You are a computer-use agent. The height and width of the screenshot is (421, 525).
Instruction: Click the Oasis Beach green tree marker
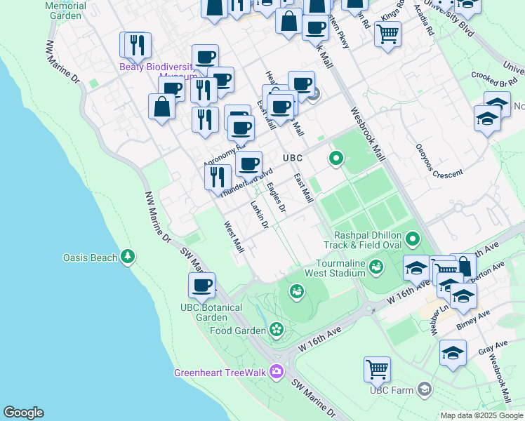[128, 258]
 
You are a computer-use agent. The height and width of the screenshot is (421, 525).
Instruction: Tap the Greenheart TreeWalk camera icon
[277, 371]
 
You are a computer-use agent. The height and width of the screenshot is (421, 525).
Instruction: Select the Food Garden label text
[237, 330]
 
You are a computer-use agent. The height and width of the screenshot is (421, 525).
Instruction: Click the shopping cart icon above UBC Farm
[377, 368]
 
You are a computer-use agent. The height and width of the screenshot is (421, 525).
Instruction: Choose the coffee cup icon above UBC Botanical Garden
[202, 285]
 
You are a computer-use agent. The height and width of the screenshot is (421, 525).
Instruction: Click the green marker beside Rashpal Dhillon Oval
[413, 240]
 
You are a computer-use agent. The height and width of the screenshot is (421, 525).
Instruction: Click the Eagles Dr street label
[277, 198]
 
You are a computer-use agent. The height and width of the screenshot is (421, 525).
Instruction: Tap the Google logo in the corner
[23, 413]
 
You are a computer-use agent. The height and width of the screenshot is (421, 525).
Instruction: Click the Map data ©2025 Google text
[481, 415]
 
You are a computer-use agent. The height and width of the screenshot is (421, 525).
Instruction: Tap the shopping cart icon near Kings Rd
[387, 32]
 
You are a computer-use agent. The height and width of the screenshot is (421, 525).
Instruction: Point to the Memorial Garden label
[66, 10]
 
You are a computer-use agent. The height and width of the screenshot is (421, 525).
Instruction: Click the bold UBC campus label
[292, 159]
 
